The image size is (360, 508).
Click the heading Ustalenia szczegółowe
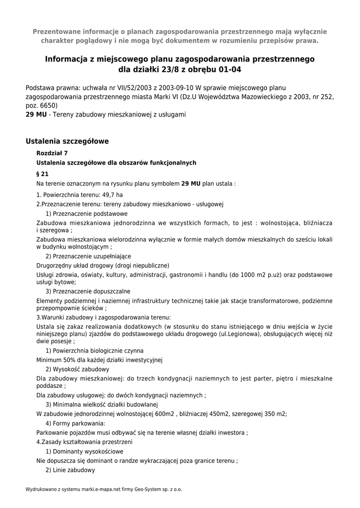pos(67,141)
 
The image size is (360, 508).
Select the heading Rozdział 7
pos(52,153)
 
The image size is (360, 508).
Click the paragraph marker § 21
pos(43,174)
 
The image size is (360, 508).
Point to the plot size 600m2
pos(164,414)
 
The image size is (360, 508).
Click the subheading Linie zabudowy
pos(73,470)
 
